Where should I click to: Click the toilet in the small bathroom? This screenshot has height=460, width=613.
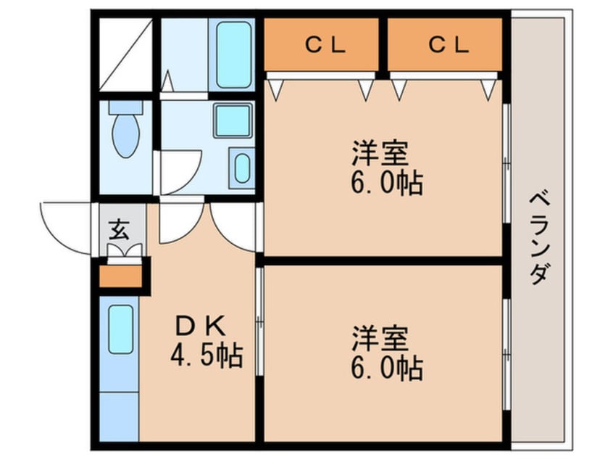(x=125, y=129)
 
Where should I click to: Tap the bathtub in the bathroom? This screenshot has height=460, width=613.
(x=233, y=55)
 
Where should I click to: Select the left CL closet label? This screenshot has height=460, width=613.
(x=325, y=45)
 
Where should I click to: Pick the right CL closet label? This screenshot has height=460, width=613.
(x=448, y=45)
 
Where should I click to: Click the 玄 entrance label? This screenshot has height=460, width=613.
(x=119, y=229)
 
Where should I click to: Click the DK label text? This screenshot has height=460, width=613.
(x=201, y=326)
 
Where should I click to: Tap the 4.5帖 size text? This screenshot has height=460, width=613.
(x=207, y=355)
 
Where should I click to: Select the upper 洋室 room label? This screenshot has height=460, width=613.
(x=380, y=153)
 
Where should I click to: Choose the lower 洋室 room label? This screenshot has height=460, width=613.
(x=380, y=338)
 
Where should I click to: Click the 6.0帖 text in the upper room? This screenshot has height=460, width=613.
(x=387, y=183)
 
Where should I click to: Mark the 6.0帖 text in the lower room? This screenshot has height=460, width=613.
(x=387, y=368)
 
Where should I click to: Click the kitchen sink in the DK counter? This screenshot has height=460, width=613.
(x=121, y=329)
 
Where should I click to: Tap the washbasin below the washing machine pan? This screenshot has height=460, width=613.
(x=242, y=168)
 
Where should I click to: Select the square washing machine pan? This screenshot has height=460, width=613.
(x=233, y=120)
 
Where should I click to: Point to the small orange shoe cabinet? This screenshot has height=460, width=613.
(x=120, y=276)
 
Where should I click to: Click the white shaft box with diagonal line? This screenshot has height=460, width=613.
(x=125, y=54)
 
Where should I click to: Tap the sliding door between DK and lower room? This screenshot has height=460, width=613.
(x=259, y=321)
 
